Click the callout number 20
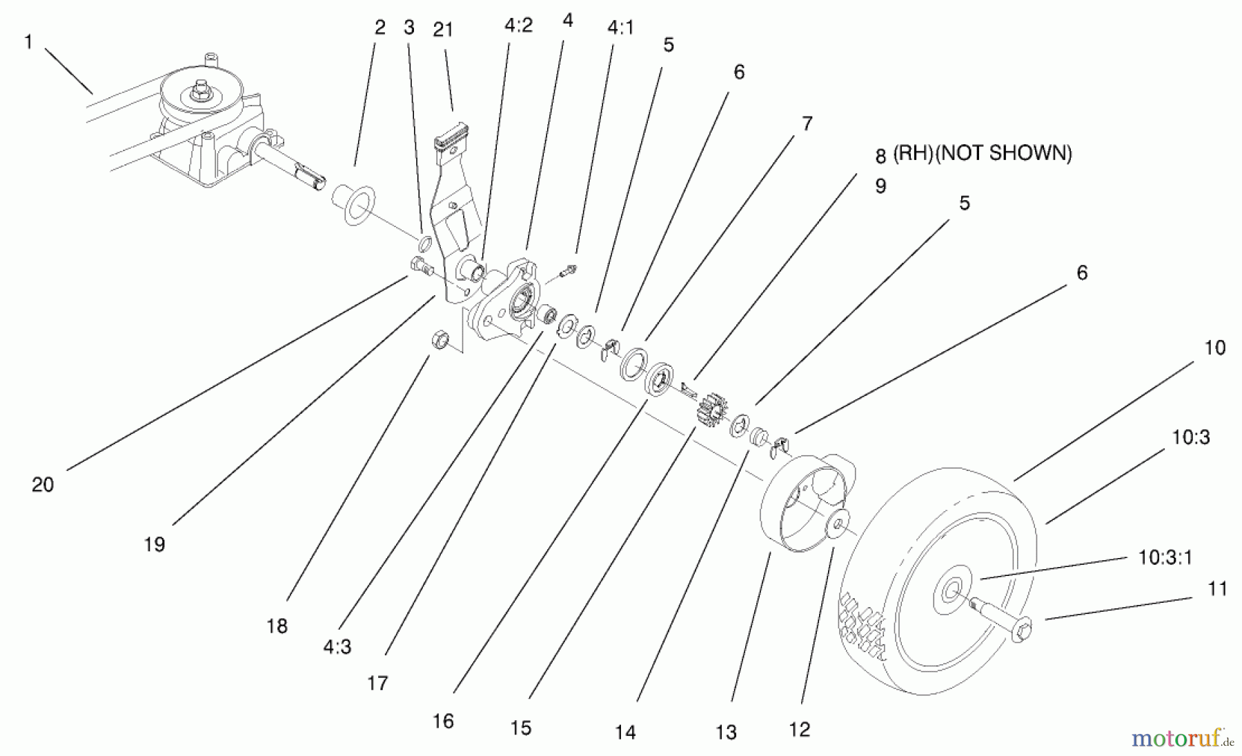click(42, 485)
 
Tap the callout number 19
click(155, 545)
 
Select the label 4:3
click(337, 647)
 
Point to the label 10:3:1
click(1165, 557)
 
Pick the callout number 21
click(442, 30)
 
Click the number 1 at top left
click(28, 42)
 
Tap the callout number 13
click(726, 733)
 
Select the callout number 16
click(443, 722)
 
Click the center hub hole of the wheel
click(952, 590)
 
